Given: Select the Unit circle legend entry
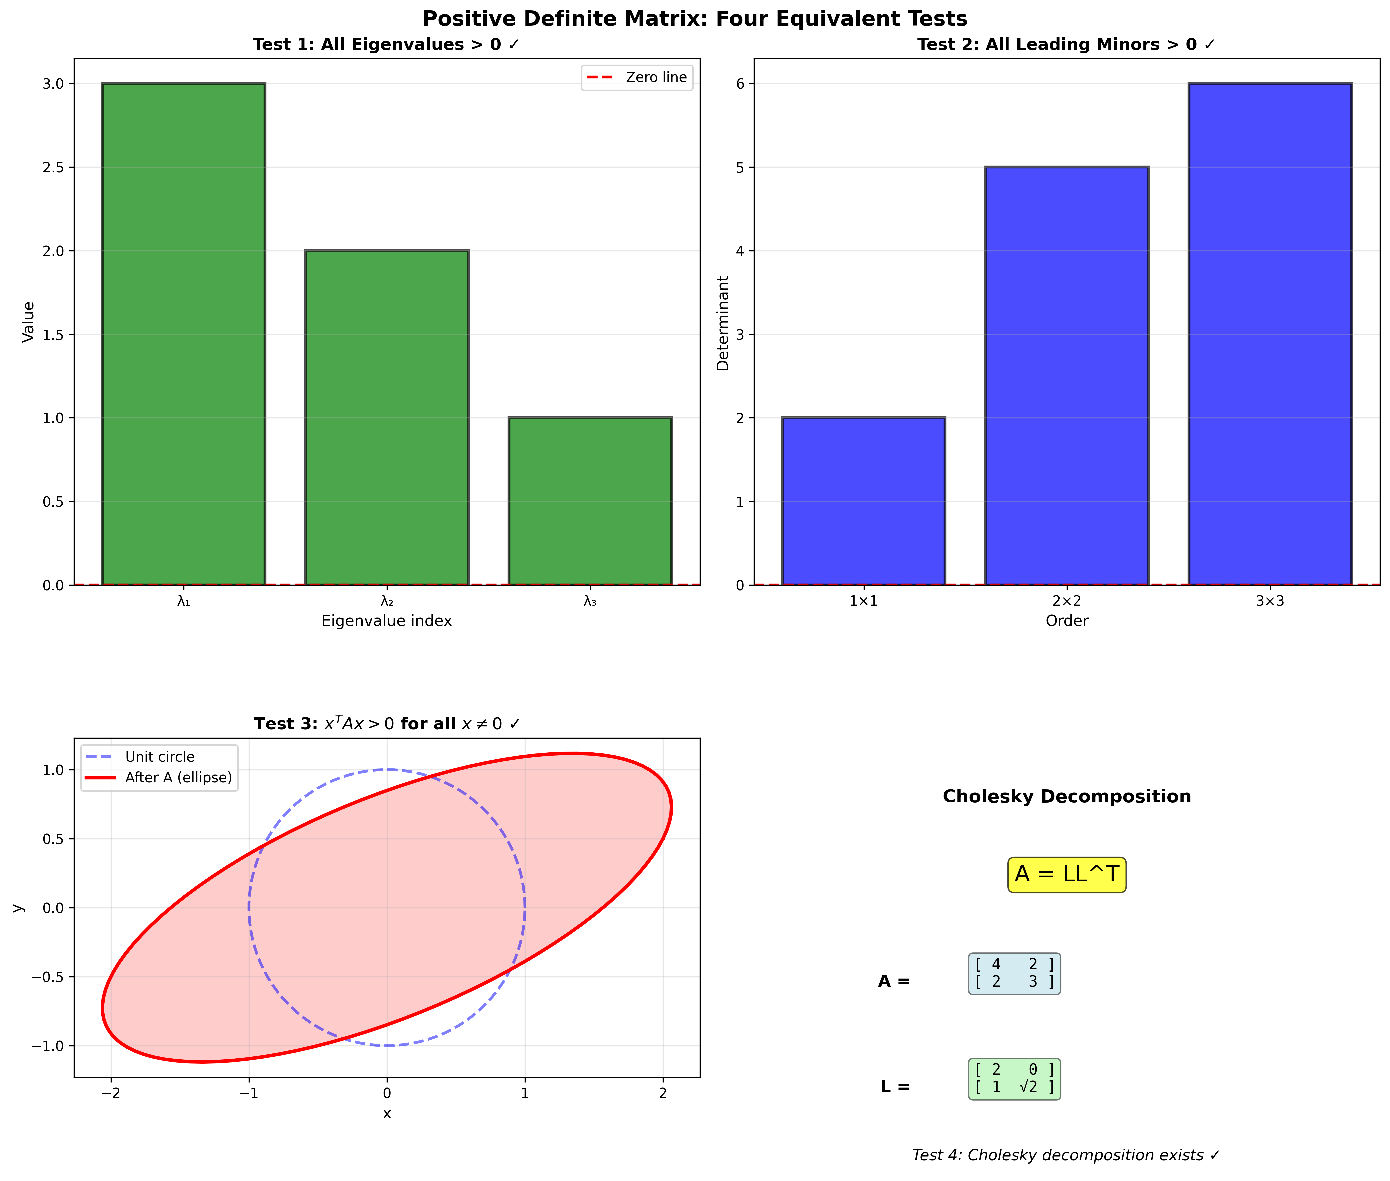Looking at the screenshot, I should click(159, 757).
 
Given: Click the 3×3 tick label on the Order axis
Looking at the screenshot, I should click(1269, 601).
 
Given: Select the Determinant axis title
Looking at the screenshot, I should click(722, 323).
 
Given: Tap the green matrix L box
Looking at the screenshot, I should click(1014, 1079).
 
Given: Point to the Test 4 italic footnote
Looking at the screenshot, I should click(1065, 1155).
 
